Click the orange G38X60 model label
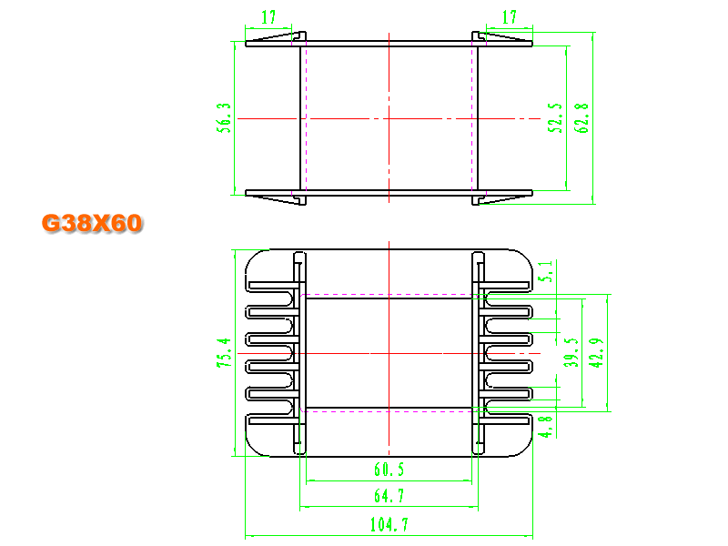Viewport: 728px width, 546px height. tap(92, 223)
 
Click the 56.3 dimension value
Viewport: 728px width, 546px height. tap(224, 118)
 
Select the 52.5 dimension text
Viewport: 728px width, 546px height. tap(555, 118)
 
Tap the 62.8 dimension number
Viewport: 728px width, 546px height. tap(581, 118)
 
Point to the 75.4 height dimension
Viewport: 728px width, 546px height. tap(224, 353)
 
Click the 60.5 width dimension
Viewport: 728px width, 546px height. tap(389, 470)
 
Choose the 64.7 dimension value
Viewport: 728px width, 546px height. tap(389, 496)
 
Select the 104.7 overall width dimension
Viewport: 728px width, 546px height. tap(389, 525)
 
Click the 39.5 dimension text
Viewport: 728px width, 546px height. tap(571, 353)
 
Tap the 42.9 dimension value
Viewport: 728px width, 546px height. tap(596, 353)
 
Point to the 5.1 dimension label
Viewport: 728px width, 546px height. tap(545, 271)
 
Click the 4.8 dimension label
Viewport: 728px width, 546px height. tap(545, 427)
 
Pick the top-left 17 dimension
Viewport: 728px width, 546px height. tap(268, 17)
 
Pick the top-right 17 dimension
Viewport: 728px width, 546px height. tap(510, 17)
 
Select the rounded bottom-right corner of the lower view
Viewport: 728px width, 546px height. tap(525, 448)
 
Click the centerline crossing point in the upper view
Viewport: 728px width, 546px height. tap(389, 119)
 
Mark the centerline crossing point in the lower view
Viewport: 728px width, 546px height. tap(389, 353)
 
